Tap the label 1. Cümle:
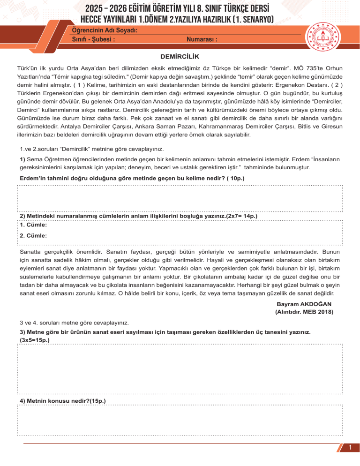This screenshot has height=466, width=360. click(x=33, y=225)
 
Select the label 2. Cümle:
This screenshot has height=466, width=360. click(x=33, y=236)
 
